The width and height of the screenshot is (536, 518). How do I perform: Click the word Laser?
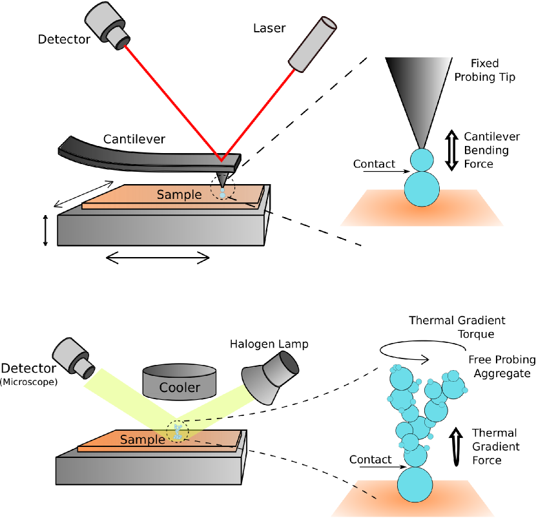click(269, 28)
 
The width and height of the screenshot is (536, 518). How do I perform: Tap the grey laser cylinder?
click(313, 44)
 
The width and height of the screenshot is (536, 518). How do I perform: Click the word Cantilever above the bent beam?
click(134, 139)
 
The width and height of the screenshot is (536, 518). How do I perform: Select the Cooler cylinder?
click(180, 382)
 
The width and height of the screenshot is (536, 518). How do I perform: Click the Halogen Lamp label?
click(269, 344)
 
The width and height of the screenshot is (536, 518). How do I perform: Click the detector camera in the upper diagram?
click(107, 26)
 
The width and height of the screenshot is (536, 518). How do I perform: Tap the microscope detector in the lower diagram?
click(74, 358)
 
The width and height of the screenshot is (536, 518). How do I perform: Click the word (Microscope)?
click(28, 382)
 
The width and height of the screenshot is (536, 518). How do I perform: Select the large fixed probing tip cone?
click(419, 103)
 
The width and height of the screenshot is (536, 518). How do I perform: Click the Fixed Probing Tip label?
click(485, 70)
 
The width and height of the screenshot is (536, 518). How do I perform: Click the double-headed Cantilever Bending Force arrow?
click(451, 150)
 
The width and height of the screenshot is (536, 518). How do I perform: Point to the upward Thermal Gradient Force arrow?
click(456, 446)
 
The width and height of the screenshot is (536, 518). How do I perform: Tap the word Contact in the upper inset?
click(374, 164)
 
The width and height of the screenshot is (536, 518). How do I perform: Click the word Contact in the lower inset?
click(370, 459)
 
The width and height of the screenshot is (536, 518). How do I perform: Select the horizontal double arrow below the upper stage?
click(158, 258)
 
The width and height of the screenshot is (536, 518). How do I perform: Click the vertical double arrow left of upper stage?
click(45, 230)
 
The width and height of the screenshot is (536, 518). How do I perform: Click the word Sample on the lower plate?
click(143, 439)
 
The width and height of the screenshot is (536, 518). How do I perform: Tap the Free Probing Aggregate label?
click(502, 366)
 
